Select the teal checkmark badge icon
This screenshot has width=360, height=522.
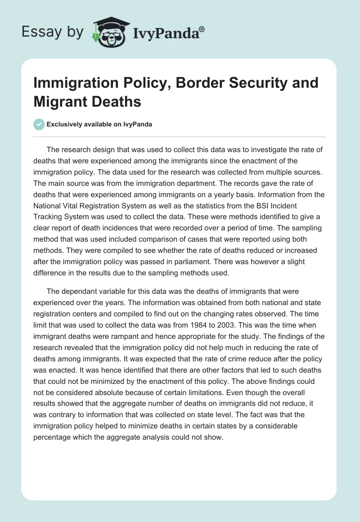[x=39, y=124]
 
